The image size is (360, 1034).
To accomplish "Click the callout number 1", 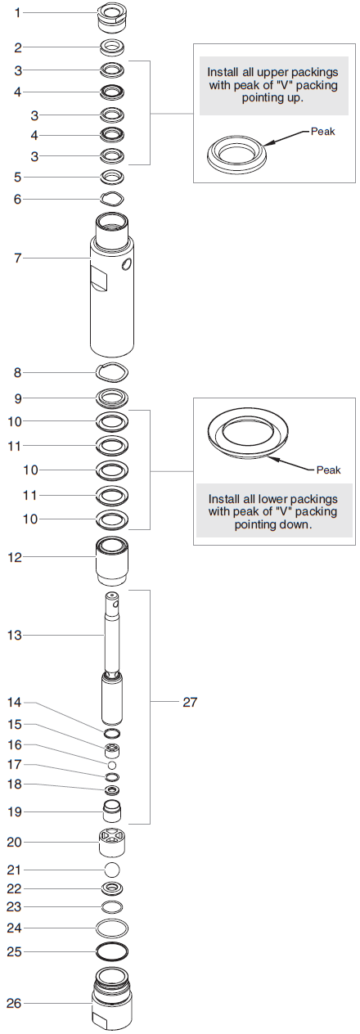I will coord(17,13).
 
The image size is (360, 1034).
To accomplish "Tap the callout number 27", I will coord(189,702).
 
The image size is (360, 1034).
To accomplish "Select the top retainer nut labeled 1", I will coord(112,16).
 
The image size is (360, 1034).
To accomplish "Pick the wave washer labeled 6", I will coord(112,198).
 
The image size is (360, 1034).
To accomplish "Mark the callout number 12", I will coord(17,557).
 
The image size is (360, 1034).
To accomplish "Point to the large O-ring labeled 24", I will coord(112,928).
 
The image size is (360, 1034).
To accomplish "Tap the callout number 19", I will coord(17,811).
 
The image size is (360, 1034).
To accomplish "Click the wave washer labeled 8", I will coord(112,372).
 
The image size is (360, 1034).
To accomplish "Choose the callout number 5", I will coord(17,177).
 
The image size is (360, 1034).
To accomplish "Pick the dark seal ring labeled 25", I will coord(112,951).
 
